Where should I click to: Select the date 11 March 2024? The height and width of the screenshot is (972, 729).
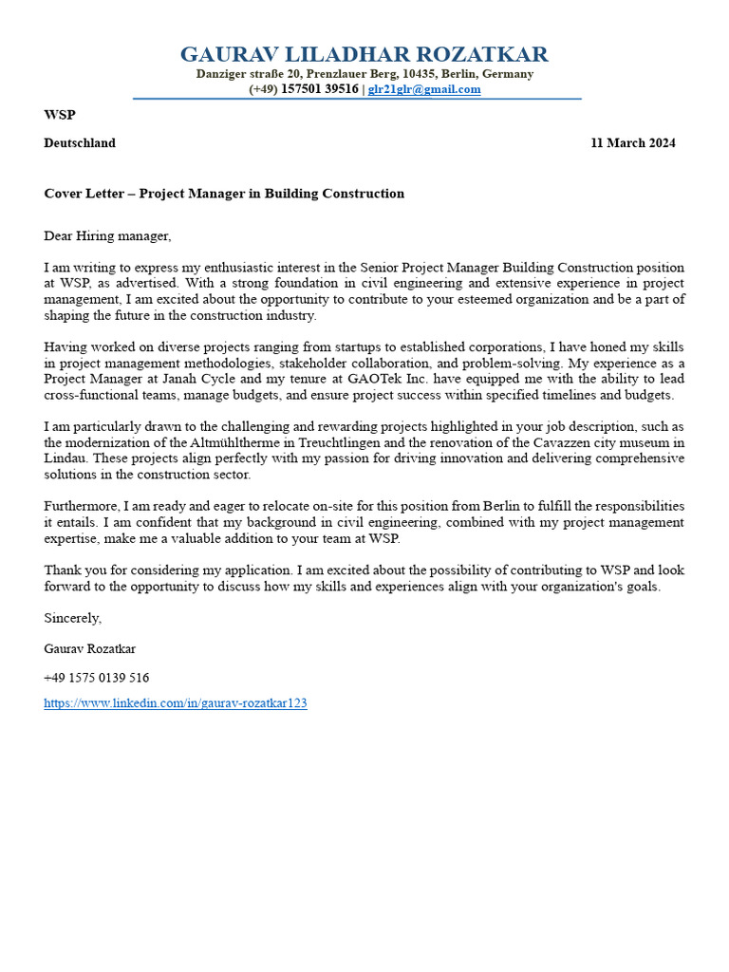tap(633, 143)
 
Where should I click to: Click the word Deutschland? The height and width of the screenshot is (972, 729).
tap(80, 143)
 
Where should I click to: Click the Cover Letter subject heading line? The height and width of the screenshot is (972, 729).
tap(224, 194)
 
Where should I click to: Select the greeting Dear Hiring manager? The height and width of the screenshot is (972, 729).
tap(107, 235)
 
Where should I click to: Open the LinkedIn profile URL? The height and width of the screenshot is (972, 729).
tap(176, 704)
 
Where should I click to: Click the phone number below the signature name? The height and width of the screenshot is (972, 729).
tap(96, 679)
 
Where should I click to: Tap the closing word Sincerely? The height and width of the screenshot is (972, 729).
tap(72, 618)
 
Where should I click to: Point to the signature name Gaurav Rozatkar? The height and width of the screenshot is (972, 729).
tap(90, 649)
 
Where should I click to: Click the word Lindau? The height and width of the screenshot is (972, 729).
tap(65, 458)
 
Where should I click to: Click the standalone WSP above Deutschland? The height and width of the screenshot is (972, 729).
tap(59, 115)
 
